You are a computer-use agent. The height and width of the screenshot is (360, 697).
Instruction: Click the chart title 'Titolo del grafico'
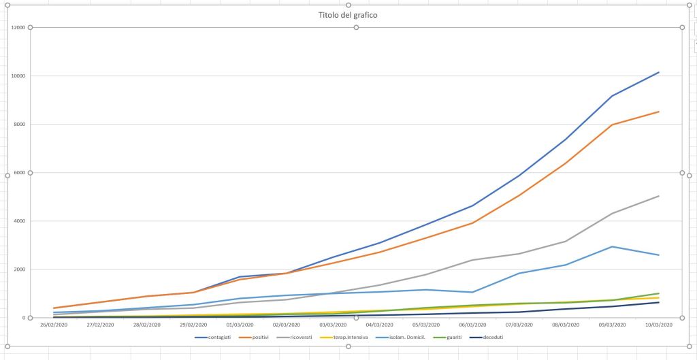point(348,15)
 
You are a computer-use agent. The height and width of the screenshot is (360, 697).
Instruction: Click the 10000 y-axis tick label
point(18,76)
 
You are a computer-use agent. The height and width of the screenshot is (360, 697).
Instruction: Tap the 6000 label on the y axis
point(19,173)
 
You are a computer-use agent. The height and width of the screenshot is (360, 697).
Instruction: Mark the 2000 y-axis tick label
point(19,269)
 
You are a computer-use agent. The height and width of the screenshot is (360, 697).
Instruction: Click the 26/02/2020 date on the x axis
point(54,325)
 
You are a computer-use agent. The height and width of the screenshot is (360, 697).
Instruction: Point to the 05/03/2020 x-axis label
point(425,325)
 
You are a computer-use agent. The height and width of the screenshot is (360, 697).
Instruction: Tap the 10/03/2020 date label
point(658,325)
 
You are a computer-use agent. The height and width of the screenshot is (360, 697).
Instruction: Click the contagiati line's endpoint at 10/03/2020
point(658,72)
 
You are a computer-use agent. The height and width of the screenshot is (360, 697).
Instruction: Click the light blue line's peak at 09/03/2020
point(613,246)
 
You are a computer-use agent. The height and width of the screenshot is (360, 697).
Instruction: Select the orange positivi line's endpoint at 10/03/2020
point(658,112)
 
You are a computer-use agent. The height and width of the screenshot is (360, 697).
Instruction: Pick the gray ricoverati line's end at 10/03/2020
point(658,196)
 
